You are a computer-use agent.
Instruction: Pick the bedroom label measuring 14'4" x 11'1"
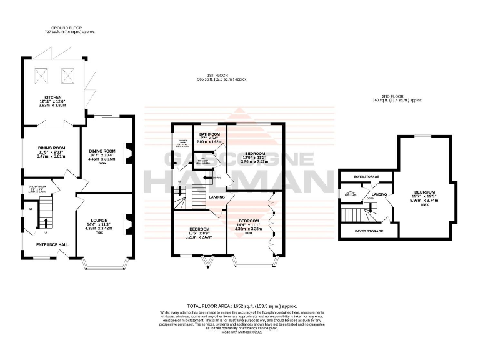coord(248,221)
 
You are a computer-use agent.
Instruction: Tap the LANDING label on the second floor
coord(380,194)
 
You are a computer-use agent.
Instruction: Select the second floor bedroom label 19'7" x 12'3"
coord(424,191)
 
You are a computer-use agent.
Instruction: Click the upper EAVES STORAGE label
coord(362,177)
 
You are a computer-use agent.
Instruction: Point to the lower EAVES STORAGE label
coord(369,231)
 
